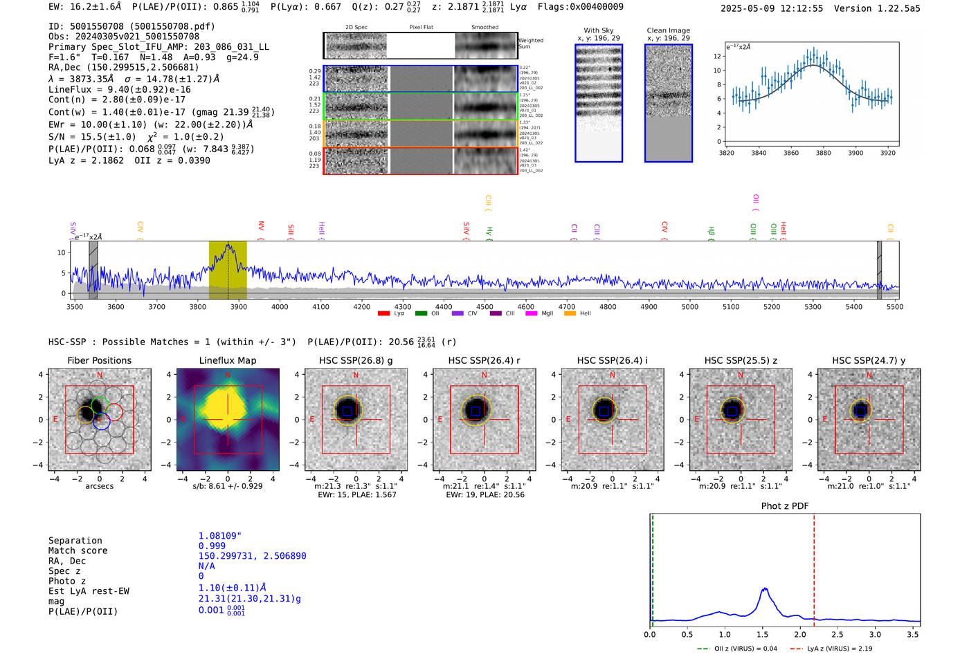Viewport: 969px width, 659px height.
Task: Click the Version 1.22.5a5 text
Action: (x=877, y=8)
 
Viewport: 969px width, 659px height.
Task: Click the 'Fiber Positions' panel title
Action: (x=99, y=360)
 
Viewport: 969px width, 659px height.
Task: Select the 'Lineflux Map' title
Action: (x=228, y=360)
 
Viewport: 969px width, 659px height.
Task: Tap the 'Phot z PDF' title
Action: (x=785, y=505)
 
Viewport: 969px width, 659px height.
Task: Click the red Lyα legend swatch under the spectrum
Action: (x=384, y=313)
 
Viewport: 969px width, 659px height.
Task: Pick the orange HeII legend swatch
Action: (x=570, y=313)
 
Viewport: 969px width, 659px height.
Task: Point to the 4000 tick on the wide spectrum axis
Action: (x=280, y=306)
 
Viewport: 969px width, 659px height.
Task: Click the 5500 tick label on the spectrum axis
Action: (x=895, y=306)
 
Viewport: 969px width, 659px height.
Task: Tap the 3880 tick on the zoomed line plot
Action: (x=823, y=153)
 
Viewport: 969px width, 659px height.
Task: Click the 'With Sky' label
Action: (x=599, y=30)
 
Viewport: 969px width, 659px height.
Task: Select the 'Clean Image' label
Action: (x=668, y=30)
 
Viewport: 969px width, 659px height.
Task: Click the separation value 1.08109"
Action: (x=219, y=536)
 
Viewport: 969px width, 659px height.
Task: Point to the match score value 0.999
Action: (x=212, y=546)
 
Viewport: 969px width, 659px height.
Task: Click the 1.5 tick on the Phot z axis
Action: (x=763, y=634)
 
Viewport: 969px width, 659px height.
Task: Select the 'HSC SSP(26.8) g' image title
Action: (x=355, y=360)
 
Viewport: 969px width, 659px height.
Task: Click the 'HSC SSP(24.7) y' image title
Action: (x=869, y=360)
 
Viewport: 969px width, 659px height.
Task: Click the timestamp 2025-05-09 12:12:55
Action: (x=772, y=8)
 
